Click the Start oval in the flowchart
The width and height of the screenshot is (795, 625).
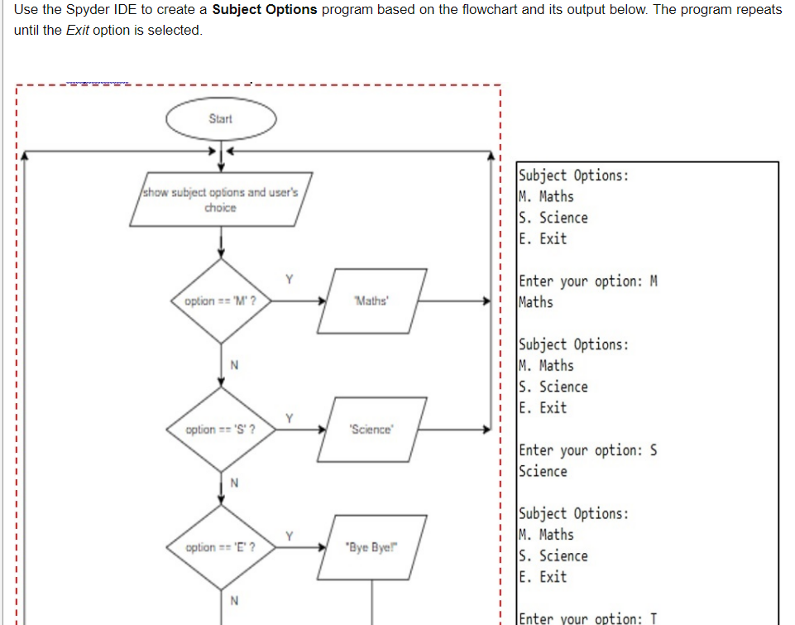pyautogui.click(x=221, y=119)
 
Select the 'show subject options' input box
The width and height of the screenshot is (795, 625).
pyautogui.click(x=221, y=200)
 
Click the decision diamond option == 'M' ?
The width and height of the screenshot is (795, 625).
pyautogui.click(x=220, y=301)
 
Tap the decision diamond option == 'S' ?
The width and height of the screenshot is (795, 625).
pyautogui.click(x=220, y=430)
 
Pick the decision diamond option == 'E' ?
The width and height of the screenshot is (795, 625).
pyautogui.click(x=220, y=547)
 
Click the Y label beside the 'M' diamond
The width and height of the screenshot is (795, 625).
pyautogui.click(x=290, y=278)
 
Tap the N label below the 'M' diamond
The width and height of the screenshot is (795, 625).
pyautogui.click(x=234, y=365)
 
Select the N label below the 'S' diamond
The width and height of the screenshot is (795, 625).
pyautogui.click(x=234, y=483)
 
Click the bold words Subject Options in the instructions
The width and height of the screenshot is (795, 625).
pyautogui.click(x=265, y=10)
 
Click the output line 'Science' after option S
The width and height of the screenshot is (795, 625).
pyautogui.click(x=543, y=471)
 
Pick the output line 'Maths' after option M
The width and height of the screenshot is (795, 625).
pyautogui.click(x=536, y=302)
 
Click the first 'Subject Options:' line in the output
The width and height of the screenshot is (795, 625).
pyautogui.click(x=573, y=175)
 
